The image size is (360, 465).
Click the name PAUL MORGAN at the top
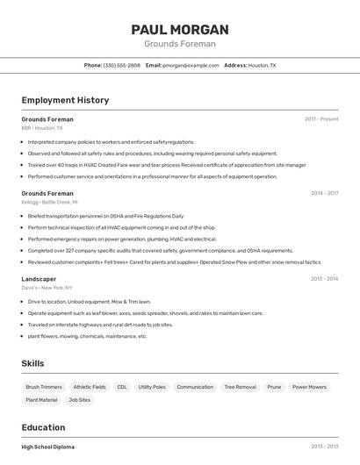click(x=180, y=29)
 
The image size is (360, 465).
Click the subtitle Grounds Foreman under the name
click(x=180, y=44)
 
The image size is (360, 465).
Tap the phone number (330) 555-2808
click(x=121, y=65)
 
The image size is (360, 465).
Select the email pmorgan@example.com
click(x=191, y=65)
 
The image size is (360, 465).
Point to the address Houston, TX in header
click(x=262, y=65)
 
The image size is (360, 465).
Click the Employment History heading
click(x=65, y=100)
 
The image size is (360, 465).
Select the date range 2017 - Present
click(x=321, y=118)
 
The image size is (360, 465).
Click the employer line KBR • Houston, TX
click(x=42, y=128)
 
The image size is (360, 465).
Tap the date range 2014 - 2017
click(x=324, y=193)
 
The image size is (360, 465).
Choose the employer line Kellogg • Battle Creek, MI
click(x=49, y=202)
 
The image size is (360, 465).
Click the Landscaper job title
click(x=39, y=279)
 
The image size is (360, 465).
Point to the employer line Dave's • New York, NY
click(x=47, y=288)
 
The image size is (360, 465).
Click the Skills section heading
click(x=33, y=363)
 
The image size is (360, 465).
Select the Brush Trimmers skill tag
click(x=44, y=387)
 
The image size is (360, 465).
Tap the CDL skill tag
click(x=122, y=387)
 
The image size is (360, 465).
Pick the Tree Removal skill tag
click(x=240, y=387)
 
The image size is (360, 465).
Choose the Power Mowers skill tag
click(x=309, y=387)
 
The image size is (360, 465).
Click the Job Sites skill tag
click(x=79, y=400)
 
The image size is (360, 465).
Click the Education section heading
click(x=44, y=427)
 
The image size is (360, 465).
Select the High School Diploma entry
click(x=48, y=447)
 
